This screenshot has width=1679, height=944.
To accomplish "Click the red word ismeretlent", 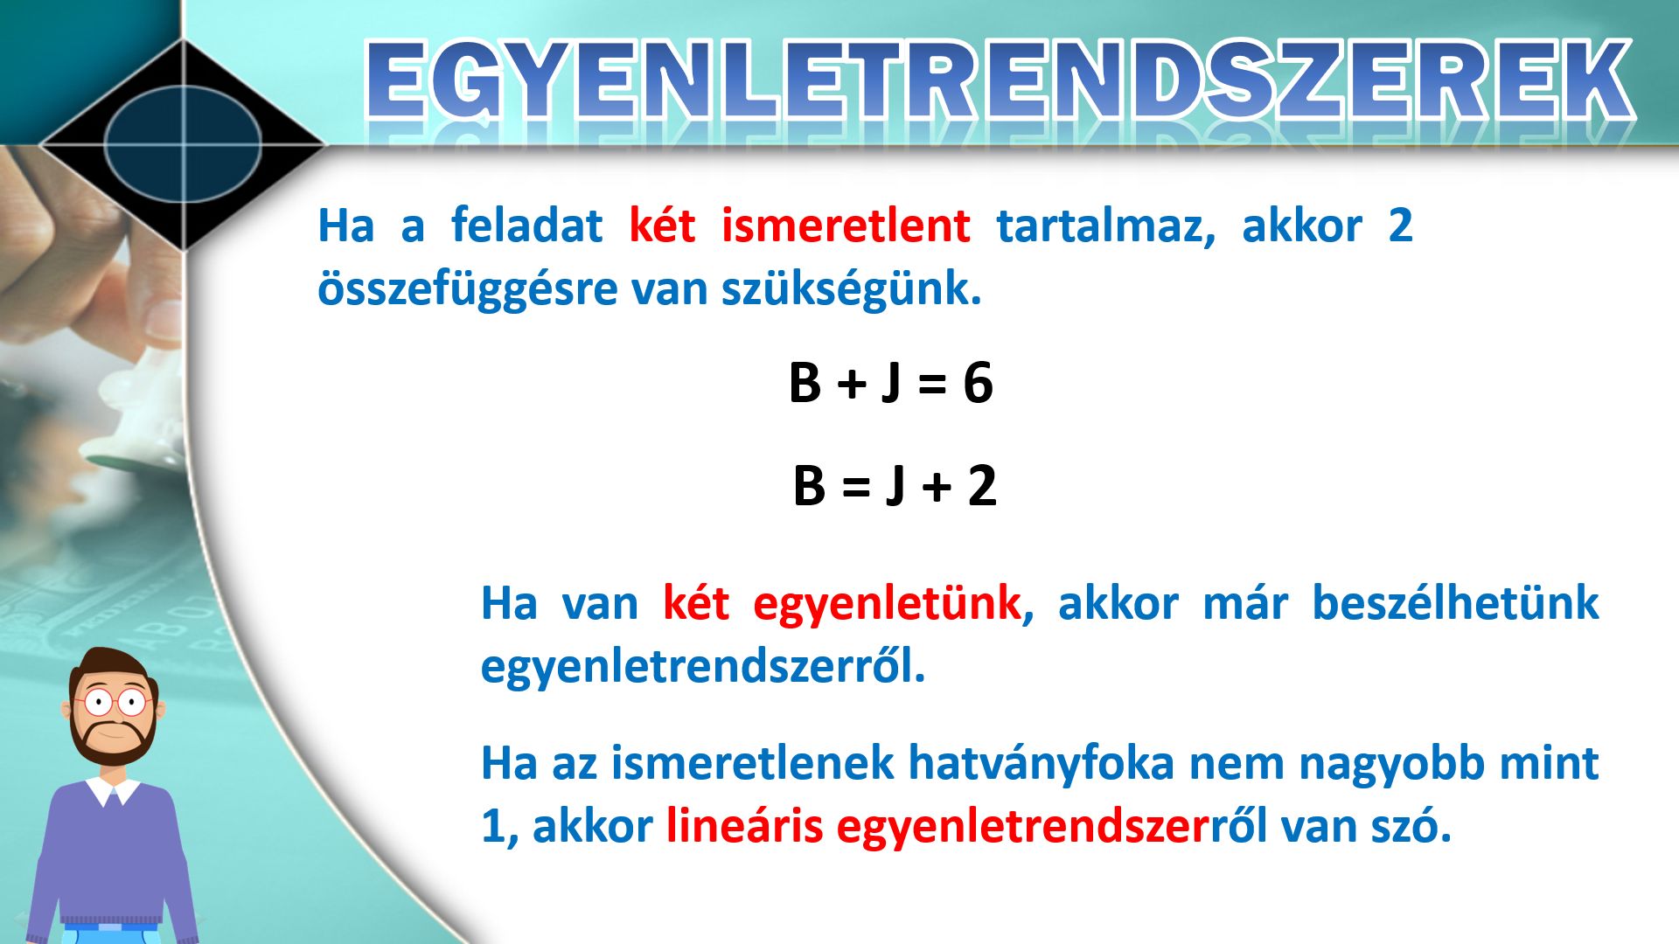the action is tap(845, 226).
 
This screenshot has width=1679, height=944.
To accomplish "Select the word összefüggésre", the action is tap(468, 289).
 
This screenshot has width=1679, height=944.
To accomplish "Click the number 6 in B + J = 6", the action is tap(978, 383).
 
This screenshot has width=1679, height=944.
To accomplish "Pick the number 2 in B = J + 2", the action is tap(982, 486).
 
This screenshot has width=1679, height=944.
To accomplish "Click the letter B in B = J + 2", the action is tap(809, 486).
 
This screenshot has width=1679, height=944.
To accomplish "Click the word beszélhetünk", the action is tap(1455, 603).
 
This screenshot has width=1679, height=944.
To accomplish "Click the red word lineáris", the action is tap(743, 826).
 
